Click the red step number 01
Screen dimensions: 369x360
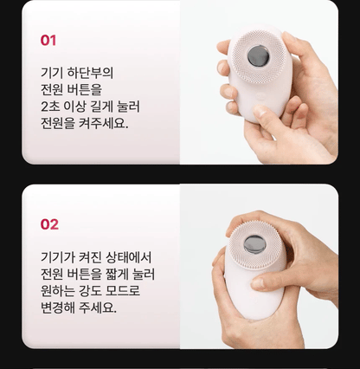tap(48, 40)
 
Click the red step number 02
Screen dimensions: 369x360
tap(49, 224)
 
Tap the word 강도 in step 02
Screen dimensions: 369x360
tap(93, 290)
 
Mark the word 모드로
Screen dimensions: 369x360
tap(126, 290)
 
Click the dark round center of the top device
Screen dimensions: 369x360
tap(257, 57)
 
